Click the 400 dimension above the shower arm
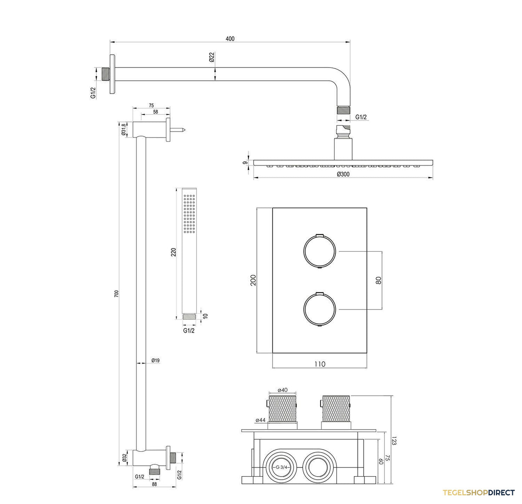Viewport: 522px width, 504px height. point(230,39)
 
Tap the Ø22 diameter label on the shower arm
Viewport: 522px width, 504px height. point(212,57)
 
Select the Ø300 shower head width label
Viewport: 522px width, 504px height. point(343,174)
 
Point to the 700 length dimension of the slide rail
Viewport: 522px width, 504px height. point(117,294)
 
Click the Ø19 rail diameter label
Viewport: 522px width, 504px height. point(155,360)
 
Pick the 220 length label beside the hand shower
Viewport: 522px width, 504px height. point(174,252)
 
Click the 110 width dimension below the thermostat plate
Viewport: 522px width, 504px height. point(319,364)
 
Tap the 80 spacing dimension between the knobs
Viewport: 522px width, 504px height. point(378,280)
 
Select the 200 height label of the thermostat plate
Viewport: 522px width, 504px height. point(253,280)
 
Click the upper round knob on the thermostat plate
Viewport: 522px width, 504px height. point(319,252)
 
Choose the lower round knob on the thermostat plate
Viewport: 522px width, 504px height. point(319,309)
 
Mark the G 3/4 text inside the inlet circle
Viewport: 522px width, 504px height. point(281,467)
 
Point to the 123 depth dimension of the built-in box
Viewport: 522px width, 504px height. point(394,441)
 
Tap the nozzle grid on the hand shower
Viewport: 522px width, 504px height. point(189,213)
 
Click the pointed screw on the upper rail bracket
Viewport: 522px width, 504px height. point(177,130)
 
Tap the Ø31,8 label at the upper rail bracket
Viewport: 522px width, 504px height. point(123,129)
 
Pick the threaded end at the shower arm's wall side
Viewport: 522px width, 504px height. point(106,74)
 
